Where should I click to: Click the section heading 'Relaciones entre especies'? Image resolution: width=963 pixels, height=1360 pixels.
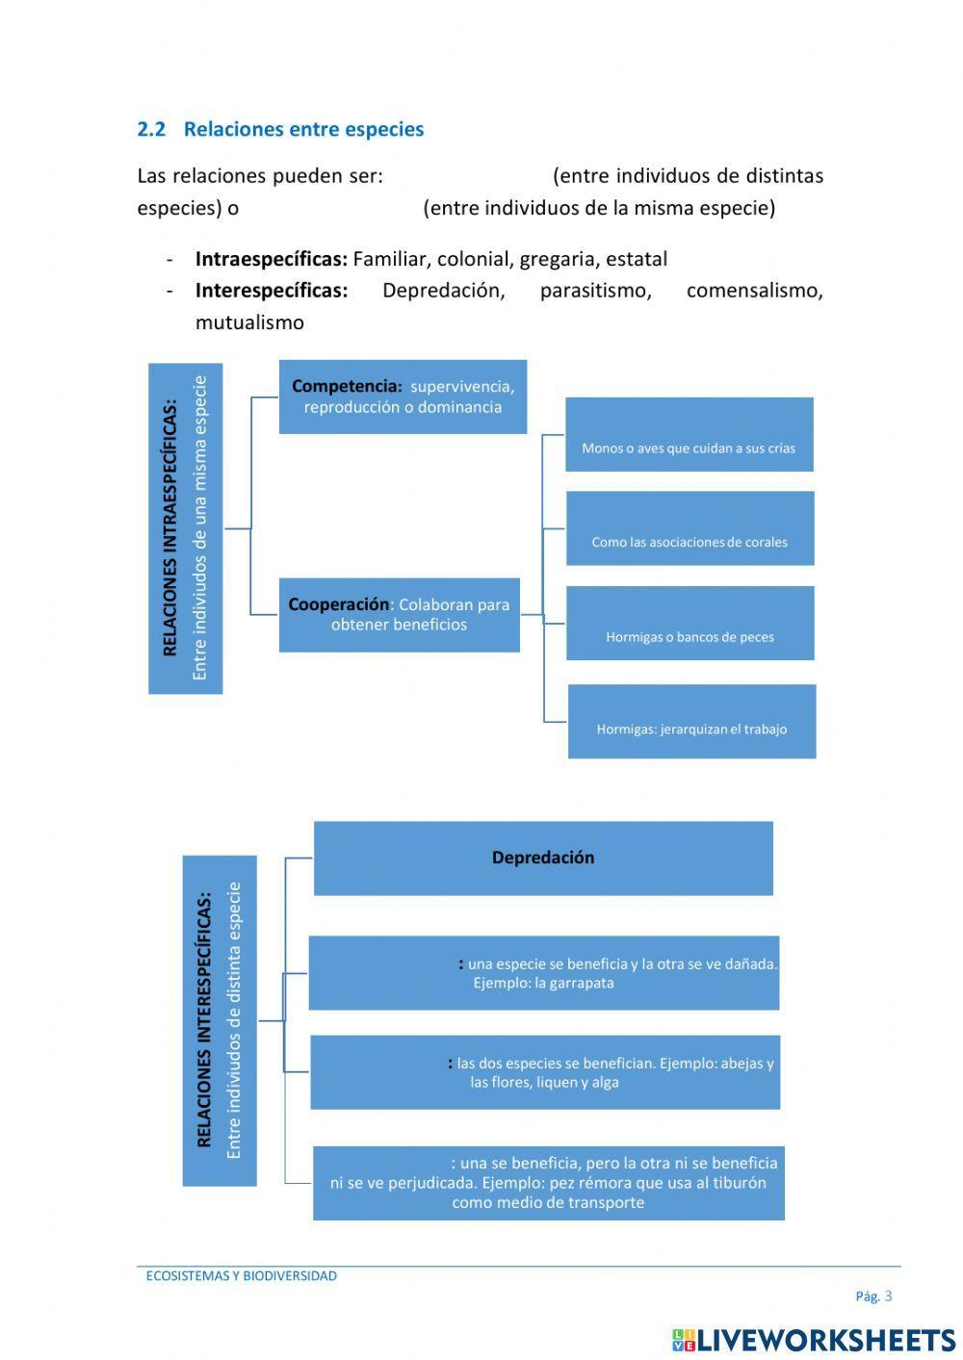coord(303,129)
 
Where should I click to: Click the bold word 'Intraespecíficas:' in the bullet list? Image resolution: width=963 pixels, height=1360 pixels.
coord(271,259)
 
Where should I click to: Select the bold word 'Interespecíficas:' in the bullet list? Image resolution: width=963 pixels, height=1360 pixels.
coord(271,291)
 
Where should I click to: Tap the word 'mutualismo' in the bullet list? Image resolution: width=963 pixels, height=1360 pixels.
coord(249,322)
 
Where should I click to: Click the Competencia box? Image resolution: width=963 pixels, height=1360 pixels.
coord(403,397)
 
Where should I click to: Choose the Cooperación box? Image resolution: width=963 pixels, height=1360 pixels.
coord(399,615)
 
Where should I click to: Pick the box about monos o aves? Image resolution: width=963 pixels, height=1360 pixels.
coord(689,435)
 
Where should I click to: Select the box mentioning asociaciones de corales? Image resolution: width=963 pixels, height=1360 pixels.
coord(690,528)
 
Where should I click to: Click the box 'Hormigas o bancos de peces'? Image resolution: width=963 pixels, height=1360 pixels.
coord(690,624)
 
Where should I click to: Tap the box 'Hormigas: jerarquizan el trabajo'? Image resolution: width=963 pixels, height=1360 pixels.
coord(691,722)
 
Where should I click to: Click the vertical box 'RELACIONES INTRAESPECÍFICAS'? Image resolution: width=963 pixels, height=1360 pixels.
coord(185,528)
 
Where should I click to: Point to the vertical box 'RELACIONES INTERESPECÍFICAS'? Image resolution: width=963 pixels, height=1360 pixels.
coord(220,1020)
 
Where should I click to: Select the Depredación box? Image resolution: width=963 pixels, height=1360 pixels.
coord(543,858)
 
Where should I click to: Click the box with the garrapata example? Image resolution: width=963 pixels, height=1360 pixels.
coord(543,973)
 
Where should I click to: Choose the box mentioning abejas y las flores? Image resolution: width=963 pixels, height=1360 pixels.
coord(544,1072)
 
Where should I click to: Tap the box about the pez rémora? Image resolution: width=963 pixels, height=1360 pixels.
coord(548,1183)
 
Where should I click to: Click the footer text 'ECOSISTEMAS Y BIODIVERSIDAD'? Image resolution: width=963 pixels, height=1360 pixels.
coord(241,1276)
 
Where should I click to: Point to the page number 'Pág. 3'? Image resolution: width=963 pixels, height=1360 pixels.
coord(873,1296)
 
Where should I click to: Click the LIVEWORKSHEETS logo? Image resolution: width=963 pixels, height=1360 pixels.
coord(814,1340)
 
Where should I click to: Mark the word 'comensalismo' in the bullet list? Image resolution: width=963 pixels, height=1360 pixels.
coord(754,291)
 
